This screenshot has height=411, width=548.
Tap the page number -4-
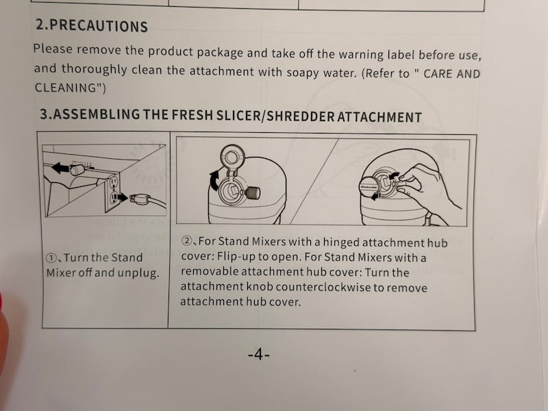pyautogui.click(x=259, y=355)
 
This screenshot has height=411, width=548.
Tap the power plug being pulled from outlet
pyautogui.click(x=138, y=199)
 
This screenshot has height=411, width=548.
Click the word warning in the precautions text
pyautogui.click(x=340, y=54)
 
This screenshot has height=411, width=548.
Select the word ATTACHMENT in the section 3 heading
pyautogui.click(x=378, y=116)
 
